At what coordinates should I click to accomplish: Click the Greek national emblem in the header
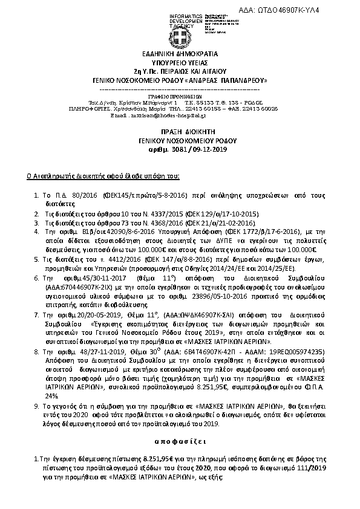180,40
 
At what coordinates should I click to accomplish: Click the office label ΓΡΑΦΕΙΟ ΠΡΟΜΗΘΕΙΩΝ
180,96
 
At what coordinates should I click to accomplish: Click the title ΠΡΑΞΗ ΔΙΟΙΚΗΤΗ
180,131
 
